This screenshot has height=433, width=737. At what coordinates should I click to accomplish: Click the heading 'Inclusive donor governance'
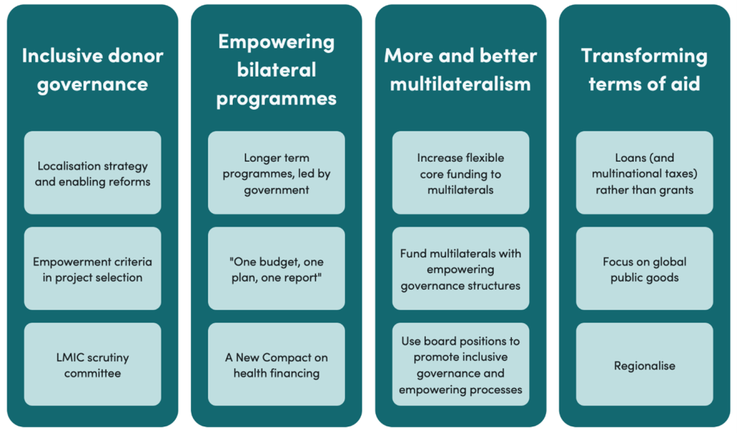coord(92,69)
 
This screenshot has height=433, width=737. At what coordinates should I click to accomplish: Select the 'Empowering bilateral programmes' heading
coord(276,69)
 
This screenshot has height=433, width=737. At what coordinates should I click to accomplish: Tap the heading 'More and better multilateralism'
coord(461,69)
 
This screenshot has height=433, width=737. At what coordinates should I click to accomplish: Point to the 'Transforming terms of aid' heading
coord(644,69)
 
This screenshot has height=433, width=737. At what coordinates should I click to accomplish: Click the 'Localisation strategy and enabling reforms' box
coord(92,173)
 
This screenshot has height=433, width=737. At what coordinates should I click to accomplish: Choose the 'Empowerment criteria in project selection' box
coord(92,269)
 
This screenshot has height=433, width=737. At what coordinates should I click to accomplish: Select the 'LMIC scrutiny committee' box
coord(92,364)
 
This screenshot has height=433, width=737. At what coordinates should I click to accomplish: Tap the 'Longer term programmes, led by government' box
coord(276,173)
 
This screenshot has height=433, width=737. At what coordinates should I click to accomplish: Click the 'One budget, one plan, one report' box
coord(276,269)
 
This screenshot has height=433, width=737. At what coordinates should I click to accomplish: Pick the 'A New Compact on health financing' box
coord(276,364)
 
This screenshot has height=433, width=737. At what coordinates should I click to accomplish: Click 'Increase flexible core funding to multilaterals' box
coord(461,173)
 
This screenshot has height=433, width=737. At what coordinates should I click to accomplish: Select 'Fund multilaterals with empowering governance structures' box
coord(461,269)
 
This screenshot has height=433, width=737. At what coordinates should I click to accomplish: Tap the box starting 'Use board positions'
coord(461,364)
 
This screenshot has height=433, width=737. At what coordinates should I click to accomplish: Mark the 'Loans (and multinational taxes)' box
coord(644,173)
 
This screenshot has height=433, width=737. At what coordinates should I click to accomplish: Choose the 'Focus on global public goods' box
coord(644,269)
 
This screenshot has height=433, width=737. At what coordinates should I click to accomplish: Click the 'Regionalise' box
coord(644,364)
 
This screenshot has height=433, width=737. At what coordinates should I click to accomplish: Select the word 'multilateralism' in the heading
coord(461,83)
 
